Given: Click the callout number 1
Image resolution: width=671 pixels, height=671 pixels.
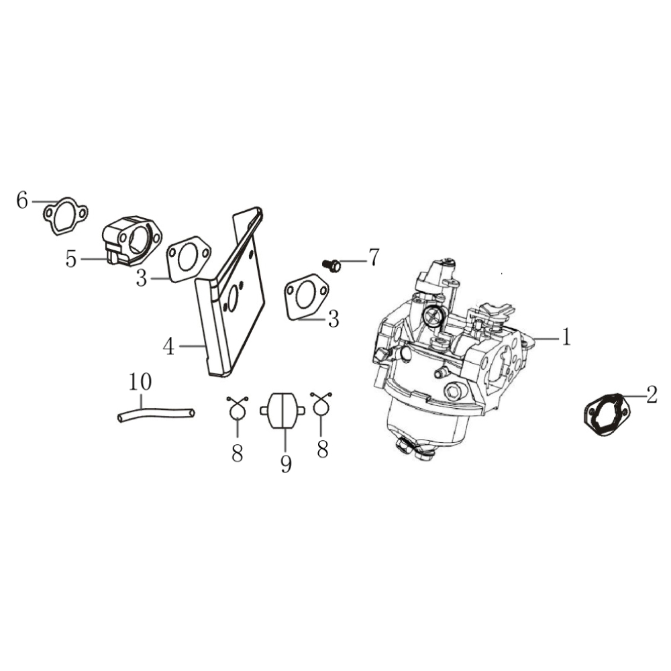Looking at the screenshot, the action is pyautogui.click(x=566, y=337).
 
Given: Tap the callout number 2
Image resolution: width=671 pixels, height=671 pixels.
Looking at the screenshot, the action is pyautogui.click(x=652, y=395).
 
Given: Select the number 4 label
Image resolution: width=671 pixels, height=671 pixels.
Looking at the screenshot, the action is pyautogui.click(x=168, y=347).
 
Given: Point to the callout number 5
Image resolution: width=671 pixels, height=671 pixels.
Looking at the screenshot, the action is pyautogui.click(x=71, y=259).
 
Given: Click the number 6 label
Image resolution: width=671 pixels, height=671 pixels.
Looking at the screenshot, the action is pyautogui.click(x=22, y=200).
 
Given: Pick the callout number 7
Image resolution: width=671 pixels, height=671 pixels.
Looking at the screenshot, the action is pyautogui.click(x=374, y=257).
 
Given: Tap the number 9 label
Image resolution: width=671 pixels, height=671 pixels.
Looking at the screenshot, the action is pyautogui.click(x=286, y=464).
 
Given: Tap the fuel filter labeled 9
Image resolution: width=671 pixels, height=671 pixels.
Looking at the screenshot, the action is pyautogui.click(x=282, y=411).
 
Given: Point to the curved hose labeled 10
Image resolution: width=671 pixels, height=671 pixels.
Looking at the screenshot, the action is pyautogui.click(x=156, y=413).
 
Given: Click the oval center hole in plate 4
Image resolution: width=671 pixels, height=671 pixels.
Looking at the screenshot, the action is pyautogui.click(x=233, y=299).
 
